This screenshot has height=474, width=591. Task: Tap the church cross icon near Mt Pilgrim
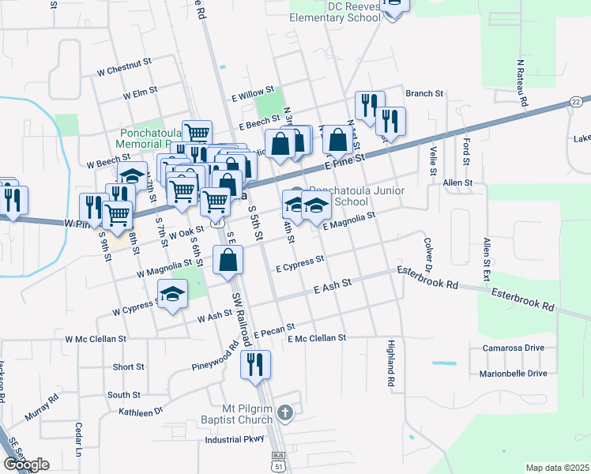click(x=287, y=412)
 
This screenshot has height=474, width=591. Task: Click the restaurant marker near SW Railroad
click(x=254, y=364)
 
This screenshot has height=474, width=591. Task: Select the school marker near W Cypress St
click(x=172, y=295)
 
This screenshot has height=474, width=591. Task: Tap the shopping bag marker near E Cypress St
click(x=228, y=260)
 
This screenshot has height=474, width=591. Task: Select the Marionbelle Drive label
click(x=513, y=374)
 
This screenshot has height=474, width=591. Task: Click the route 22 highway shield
click(x=575, y=103)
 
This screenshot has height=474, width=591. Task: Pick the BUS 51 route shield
click(x=277, y=461)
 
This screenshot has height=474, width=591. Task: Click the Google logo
click(x=26, y=464)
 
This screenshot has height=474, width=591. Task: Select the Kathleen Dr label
click(x=141, y=412)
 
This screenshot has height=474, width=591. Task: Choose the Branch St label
click(x=424, y=93)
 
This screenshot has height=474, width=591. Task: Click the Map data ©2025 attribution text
click(x=557, y=468)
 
